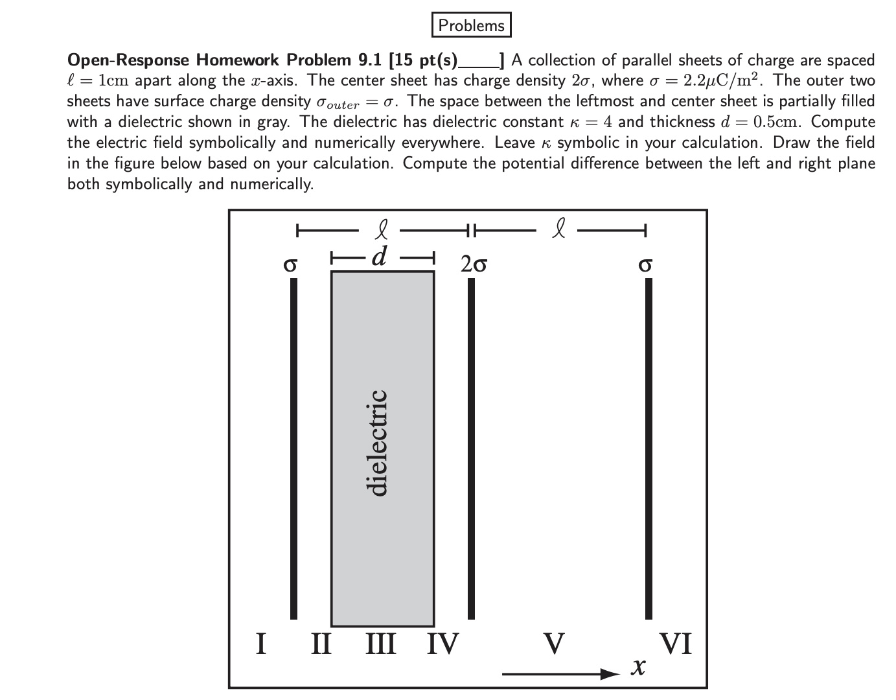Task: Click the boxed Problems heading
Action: click(471, 25)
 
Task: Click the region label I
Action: click(261, 644)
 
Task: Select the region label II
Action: click(321, 644)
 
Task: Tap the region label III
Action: click(381, 644)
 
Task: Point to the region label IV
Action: click(442, 644)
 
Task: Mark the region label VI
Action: click(676, 644)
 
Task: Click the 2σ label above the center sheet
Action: click(474, 264)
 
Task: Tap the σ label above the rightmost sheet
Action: click(645, 264)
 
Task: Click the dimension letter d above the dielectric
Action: click(380, 257)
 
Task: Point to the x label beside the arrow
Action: click(639, 666)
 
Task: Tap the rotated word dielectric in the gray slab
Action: click(377, 442)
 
